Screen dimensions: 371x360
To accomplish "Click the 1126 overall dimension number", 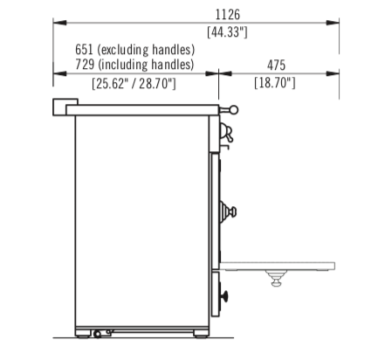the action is pyautogui.click(x=228, y=15).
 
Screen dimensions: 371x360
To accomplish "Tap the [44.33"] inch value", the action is pyautogui.click(x=227, y=31).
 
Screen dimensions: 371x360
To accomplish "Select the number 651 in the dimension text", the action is pyautogui.click(x=84, y=49).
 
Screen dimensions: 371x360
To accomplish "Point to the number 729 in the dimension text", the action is pyautogui.click(x=85, y=64).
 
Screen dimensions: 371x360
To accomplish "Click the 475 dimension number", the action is pyautogui.click(x=276, y=66).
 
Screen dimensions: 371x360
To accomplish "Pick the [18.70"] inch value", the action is pyautogui.click(x=275, y=83).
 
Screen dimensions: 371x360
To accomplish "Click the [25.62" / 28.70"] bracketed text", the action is pyautogui.click(x=134, y=84).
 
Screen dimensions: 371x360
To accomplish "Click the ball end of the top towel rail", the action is pyautogui.click(x=234, y=110).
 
